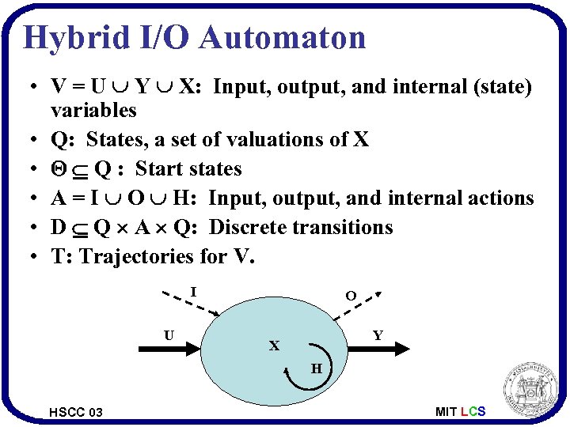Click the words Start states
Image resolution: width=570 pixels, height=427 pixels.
[x=188, y=168]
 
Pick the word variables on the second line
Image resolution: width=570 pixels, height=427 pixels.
[x=93, y=110]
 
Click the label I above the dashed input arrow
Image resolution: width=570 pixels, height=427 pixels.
[x=194, y=292]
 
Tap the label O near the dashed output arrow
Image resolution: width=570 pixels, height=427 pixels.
[x=350, y=296]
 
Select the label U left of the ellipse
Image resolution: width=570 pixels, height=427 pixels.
[x=169, y=335]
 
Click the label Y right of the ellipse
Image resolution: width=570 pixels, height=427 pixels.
[x=378, y=335]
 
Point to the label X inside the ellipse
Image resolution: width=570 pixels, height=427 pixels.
[x=274, y=346]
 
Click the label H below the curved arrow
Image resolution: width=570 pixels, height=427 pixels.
[x=316, y=368]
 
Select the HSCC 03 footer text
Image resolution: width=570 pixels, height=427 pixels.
[x=75, y=412]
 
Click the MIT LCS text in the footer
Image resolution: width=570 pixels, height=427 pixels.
[x=460, y=411]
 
